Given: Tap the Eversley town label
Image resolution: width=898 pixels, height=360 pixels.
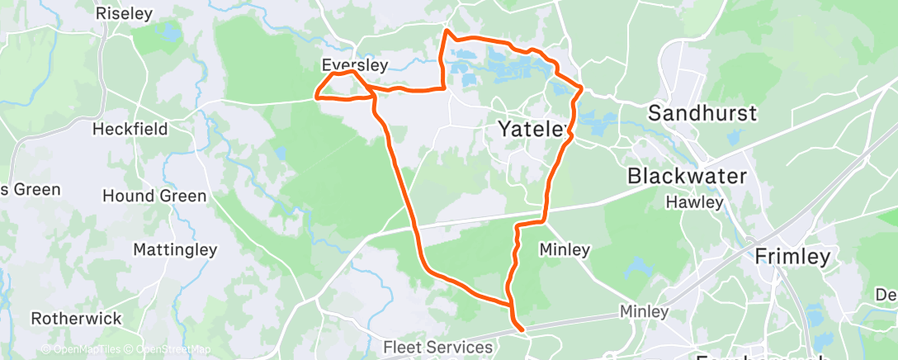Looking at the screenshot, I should [354, 64].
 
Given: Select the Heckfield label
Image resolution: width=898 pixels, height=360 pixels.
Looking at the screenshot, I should [130, 129].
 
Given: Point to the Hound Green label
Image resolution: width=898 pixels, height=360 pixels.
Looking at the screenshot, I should [154, 196].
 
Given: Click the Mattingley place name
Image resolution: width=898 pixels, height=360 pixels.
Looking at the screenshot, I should [175, 249].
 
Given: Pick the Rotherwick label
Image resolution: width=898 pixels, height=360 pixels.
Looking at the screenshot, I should [76, 318].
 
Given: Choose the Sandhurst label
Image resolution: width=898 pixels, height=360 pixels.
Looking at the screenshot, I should [702, 114].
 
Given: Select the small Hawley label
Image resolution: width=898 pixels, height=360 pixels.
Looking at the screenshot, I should [696, 201].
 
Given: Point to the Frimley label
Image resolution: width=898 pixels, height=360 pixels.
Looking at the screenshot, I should [792, 258].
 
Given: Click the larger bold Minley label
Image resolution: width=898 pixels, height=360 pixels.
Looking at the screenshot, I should [564, 249].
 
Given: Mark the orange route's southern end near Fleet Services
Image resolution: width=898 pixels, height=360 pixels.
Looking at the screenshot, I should [522, 330].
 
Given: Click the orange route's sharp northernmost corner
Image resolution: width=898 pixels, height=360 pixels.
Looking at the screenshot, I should [447, 31].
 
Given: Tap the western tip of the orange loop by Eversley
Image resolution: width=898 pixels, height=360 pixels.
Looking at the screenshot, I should [316, 95].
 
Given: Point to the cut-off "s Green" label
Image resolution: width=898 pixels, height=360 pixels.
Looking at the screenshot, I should [31, 190].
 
